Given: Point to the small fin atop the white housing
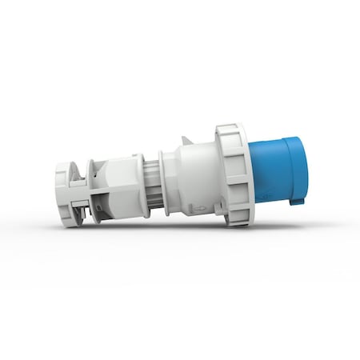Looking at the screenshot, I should coord(186,140).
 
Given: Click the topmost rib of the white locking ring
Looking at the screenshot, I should coord(230,128).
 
